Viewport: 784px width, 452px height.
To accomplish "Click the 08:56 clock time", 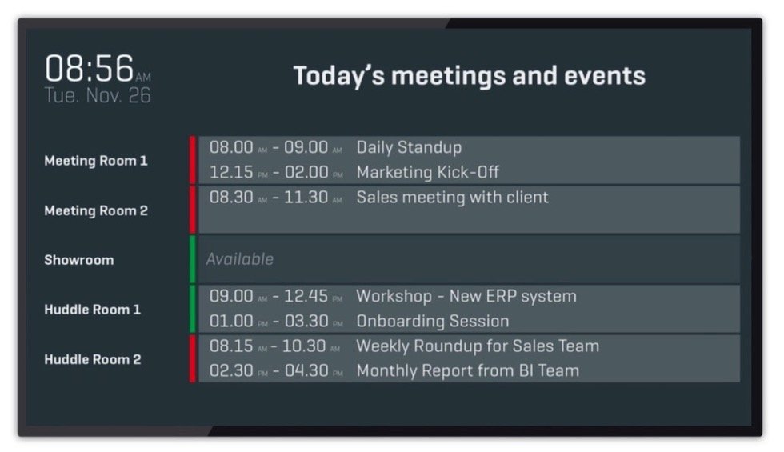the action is (90, 68).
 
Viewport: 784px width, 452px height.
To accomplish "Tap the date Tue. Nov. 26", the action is (98, 95).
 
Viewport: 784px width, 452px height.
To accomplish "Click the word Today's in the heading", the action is (339, 76).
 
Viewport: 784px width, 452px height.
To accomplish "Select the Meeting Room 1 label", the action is (95, 161).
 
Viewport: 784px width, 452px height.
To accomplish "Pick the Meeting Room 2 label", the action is (96, 210).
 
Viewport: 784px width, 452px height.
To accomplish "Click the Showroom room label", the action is (79, 260).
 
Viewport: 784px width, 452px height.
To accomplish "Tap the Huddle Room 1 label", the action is (93, 310).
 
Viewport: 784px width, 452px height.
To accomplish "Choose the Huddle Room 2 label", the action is (93, 359).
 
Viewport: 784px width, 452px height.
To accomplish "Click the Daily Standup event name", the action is (409, 147).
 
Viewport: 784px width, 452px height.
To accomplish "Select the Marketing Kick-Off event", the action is (427, 172).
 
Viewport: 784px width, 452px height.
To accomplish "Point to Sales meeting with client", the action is (453, 197).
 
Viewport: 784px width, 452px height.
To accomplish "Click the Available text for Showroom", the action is (240, 259).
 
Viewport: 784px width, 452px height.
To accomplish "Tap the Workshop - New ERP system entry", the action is (466, 296).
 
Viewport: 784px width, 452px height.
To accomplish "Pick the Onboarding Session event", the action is (433, 321).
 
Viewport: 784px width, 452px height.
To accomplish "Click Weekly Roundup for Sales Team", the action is (478, 346).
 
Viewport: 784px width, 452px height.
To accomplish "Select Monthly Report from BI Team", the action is (468, 370).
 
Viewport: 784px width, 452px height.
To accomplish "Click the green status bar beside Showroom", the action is (193, 259).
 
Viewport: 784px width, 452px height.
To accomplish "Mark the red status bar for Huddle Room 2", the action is (193, 358).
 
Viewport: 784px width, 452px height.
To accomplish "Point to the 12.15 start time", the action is (231, 172).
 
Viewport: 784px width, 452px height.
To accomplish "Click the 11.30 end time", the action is (306, 197).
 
